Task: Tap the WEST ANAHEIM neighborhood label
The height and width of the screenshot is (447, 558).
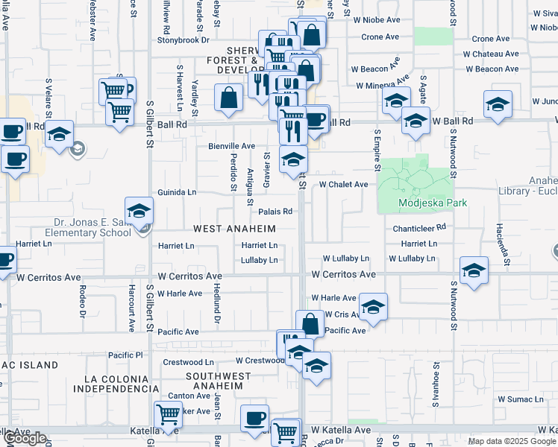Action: point(235,229)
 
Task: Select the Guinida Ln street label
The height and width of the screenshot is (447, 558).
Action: point(176,192)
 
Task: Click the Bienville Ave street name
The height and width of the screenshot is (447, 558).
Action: point(231,146)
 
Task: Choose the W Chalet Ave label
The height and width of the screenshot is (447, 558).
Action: point(344,184)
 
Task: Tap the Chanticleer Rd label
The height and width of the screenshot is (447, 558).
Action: point(420,227)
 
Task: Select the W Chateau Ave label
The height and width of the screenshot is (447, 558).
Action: point(490,54)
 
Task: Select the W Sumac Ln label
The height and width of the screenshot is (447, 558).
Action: point(520,400)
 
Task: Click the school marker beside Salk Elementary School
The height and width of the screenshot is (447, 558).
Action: point(139,212)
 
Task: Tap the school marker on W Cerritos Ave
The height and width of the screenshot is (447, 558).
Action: point(474,271)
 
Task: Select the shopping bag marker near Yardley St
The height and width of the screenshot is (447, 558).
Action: point(228,97)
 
